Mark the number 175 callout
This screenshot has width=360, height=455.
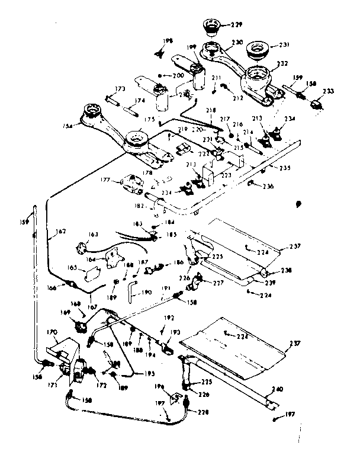(150, 119)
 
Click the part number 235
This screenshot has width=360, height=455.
(285, 168)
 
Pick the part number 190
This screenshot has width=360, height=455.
(147, 293)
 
